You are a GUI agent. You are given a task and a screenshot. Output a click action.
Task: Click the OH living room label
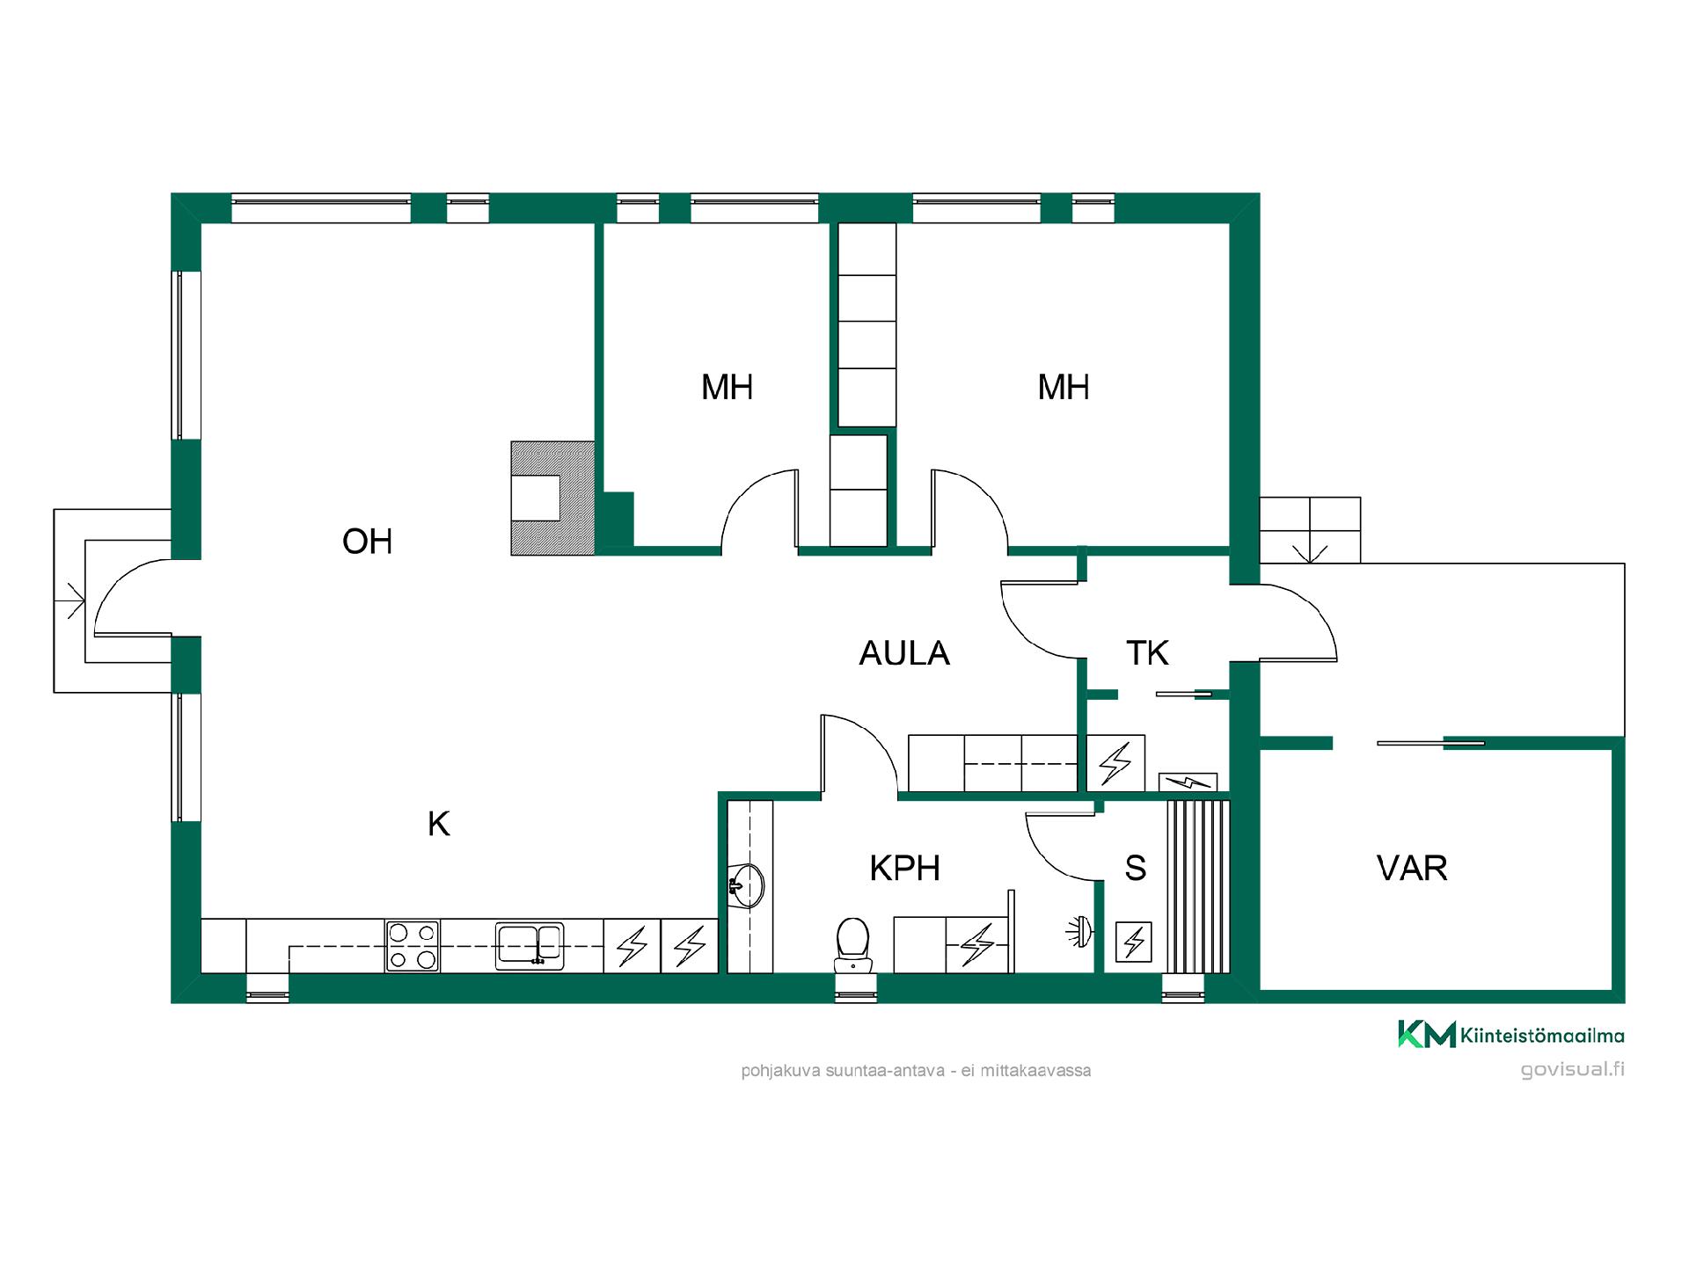click(x=367, y=542)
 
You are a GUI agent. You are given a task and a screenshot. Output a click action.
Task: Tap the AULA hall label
click(x=903, y=653)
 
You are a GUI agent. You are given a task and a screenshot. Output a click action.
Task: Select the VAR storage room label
click(x=1411, y=869)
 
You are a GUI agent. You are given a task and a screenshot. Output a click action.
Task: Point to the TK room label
click(x=1147, y=653)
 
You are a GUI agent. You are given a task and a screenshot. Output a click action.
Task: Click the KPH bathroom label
click(x=904, y=869)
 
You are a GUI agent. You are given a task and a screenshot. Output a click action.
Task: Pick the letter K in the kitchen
click(x=438, y=825)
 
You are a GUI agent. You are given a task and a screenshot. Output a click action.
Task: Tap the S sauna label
click(x=1135, y=869)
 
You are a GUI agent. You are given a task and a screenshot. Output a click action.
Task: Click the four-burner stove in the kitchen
click(x=413, y=946)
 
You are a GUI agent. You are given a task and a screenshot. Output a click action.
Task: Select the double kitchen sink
click(x=529, y=946)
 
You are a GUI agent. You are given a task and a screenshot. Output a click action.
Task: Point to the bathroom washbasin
click(x=747, y=884)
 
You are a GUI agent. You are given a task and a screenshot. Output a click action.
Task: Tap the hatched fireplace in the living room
click(x=552, y=498)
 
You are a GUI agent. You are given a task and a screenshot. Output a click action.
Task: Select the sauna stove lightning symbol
click(x=1133, y=942)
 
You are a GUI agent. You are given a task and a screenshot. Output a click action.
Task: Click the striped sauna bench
click(x=1197, y=886)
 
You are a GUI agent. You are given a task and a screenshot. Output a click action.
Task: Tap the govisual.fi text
click(x=1572, y=1069)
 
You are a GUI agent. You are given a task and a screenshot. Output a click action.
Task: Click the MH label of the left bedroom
click(x=727, y=388)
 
